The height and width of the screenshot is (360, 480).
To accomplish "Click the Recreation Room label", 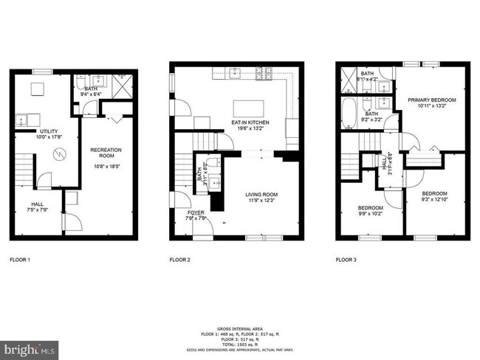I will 106,153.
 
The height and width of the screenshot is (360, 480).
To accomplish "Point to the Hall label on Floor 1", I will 36,204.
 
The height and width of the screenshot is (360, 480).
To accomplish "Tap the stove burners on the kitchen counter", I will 264,72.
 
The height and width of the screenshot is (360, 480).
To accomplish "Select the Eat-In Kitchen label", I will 250,122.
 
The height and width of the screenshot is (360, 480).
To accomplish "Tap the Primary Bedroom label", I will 432,100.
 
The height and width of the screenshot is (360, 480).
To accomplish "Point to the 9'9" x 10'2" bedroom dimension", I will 370,214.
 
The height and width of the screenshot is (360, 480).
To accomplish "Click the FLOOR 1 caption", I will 20,260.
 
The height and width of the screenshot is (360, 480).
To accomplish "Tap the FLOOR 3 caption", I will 347,260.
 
